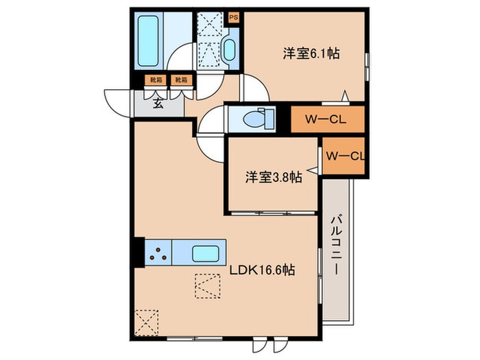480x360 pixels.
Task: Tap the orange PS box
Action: [234, 17]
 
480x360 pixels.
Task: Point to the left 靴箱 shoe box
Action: [157, 80]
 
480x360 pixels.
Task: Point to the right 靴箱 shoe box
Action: [180, 80]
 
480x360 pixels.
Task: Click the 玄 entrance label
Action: [158, 104]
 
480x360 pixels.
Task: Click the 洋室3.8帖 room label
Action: [274, 177]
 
